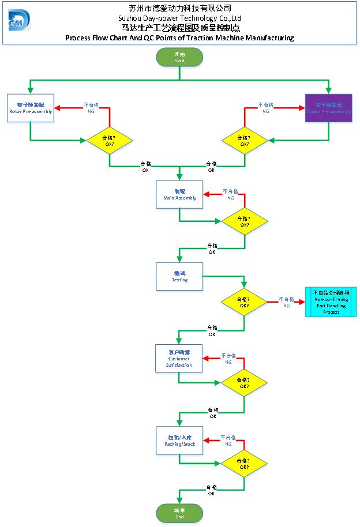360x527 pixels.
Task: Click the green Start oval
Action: pyautogui.click(x=179, y=57)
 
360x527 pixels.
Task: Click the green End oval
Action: pyautogui.click(x=179, y=513)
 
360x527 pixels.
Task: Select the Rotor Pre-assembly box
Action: pyautogui.click(x=31, y=108)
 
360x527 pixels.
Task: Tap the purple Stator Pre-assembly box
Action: pyautogui.click(x=328, y=108)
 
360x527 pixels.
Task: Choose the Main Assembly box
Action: pyautogui.click(x=179, y=194)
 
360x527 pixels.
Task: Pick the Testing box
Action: pyautogui.click(x=179, y=276)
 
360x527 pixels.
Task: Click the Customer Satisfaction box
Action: pyautogui.click(x=179, y=358)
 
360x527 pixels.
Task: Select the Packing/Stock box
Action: pyautogui.click(x=179, y=441)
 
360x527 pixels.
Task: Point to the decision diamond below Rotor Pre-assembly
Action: pyautogui.click(x=110, y=140)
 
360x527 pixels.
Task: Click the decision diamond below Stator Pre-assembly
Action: pyautogui.click(x=245, y=140)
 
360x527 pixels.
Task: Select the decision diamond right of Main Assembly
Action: pyautogui.click(x=245, y=222)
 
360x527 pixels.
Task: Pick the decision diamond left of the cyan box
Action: pyautogui.click(x=245, y=302)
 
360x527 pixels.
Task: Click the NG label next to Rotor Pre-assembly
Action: pyautogui.click(x=91, y=108)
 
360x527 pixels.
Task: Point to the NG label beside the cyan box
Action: pyautogui.click(x=286, y=303)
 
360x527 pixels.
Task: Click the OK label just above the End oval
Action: pyautogui.click(x=212, y=490)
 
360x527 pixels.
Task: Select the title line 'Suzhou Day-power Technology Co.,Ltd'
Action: pyautogui.click(x=179, y=18)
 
